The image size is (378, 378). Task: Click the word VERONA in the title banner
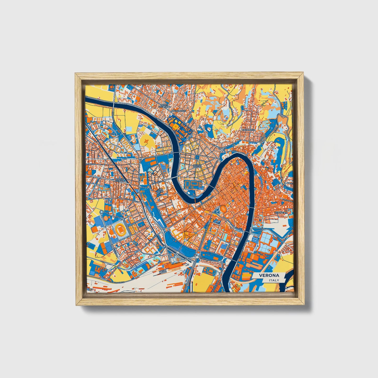269,275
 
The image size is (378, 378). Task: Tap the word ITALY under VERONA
274,280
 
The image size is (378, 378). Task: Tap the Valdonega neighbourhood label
248,130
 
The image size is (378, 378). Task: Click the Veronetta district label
281,213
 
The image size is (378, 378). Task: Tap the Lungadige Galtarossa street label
246,246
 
